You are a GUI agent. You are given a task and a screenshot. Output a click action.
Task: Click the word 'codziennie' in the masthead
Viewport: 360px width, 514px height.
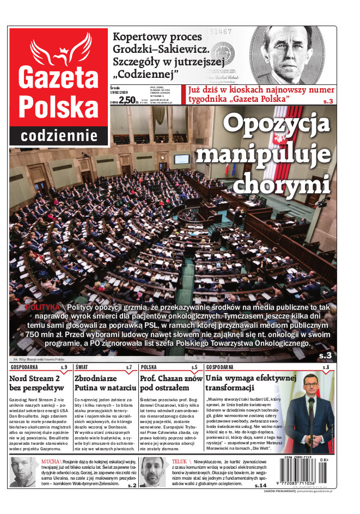point(59,134)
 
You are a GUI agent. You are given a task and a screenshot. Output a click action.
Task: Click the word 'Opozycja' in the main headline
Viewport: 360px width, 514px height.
point(277,124)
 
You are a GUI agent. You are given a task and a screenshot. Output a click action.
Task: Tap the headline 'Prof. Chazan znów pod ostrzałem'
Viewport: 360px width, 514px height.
point(170,383)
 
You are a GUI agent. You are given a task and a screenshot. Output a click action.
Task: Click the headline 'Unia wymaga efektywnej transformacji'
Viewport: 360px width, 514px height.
point(251,383)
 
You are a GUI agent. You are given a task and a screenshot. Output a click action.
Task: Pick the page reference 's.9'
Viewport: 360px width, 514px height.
point(64,368)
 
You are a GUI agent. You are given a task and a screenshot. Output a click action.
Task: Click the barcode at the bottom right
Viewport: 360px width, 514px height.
point(306,469)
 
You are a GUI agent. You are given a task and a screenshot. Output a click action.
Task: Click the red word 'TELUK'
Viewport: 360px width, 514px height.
point(179,461)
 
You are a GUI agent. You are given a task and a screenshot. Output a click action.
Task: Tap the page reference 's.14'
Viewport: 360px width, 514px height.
point(260,485)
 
